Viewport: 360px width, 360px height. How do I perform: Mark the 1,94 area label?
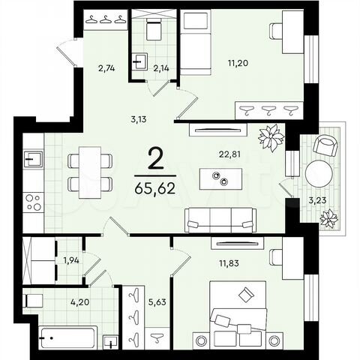71,260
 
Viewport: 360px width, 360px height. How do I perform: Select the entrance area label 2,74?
107,68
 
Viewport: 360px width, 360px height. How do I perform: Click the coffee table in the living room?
220,178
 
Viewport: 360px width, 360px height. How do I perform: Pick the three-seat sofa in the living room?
220,218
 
